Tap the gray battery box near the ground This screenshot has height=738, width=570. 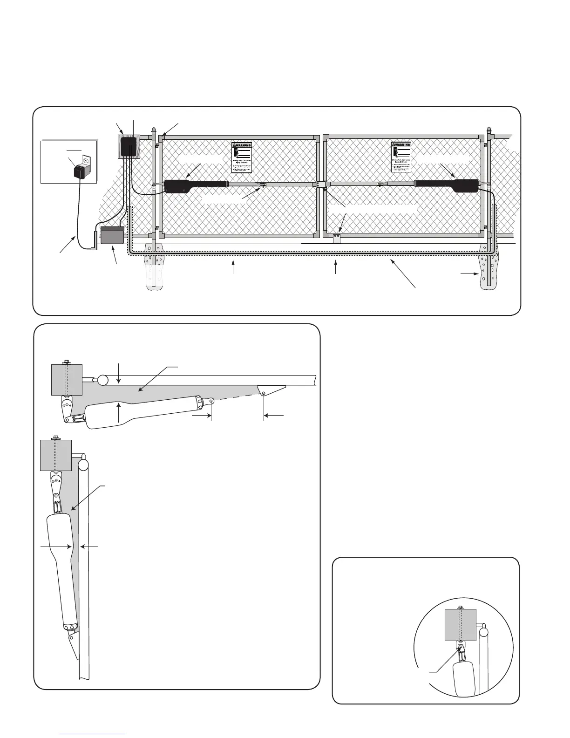pyautogui.click(x=113, y=236)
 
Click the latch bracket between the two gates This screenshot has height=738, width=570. pyautogui.click(x=319, y=184)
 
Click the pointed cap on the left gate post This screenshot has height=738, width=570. pyautogui.click(x=153, y=129)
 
